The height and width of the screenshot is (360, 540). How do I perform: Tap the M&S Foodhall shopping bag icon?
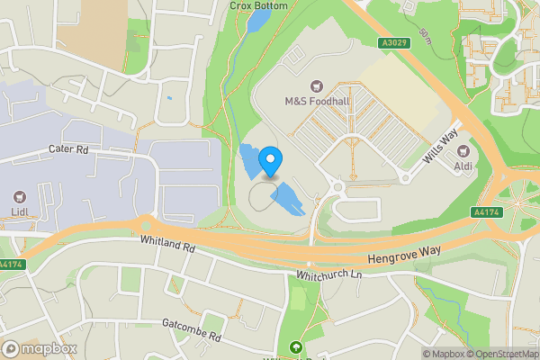[x=317, y=85]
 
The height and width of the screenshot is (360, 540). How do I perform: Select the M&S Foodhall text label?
[x=317, y=101]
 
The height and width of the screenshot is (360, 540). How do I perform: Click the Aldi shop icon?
[x=463, y=152]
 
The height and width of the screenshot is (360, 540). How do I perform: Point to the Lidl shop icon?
[x=19, y=196]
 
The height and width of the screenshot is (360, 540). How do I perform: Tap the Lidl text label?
[x=19, y=212]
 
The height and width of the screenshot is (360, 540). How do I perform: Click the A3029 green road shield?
[x=390, y=42]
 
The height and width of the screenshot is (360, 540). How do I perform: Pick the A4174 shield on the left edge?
[x=11, y=265]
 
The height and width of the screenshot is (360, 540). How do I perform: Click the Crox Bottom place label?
[x=258, y=5]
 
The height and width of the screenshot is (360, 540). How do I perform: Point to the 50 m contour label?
[x=425, y=36]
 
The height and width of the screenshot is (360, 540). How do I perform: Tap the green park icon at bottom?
[x=294, y=348]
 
